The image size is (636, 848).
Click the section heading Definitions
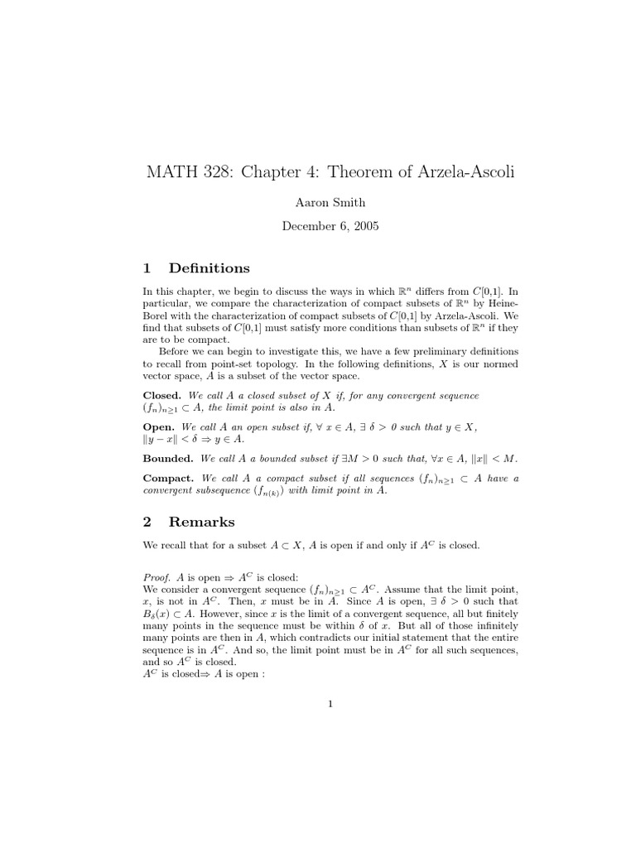click(209, 267)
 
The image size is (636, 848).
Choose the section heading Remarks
click(202, 522)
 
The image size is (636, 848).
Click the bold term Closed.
click(161, 396)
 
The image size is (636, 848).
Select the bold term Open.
click(159, 426)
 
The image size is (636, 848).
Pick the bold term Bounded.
click(168, 458)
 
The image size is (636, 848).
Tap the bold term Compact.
click(168, 478)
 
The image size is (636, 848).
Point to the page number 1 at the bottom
click(330, 705)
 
